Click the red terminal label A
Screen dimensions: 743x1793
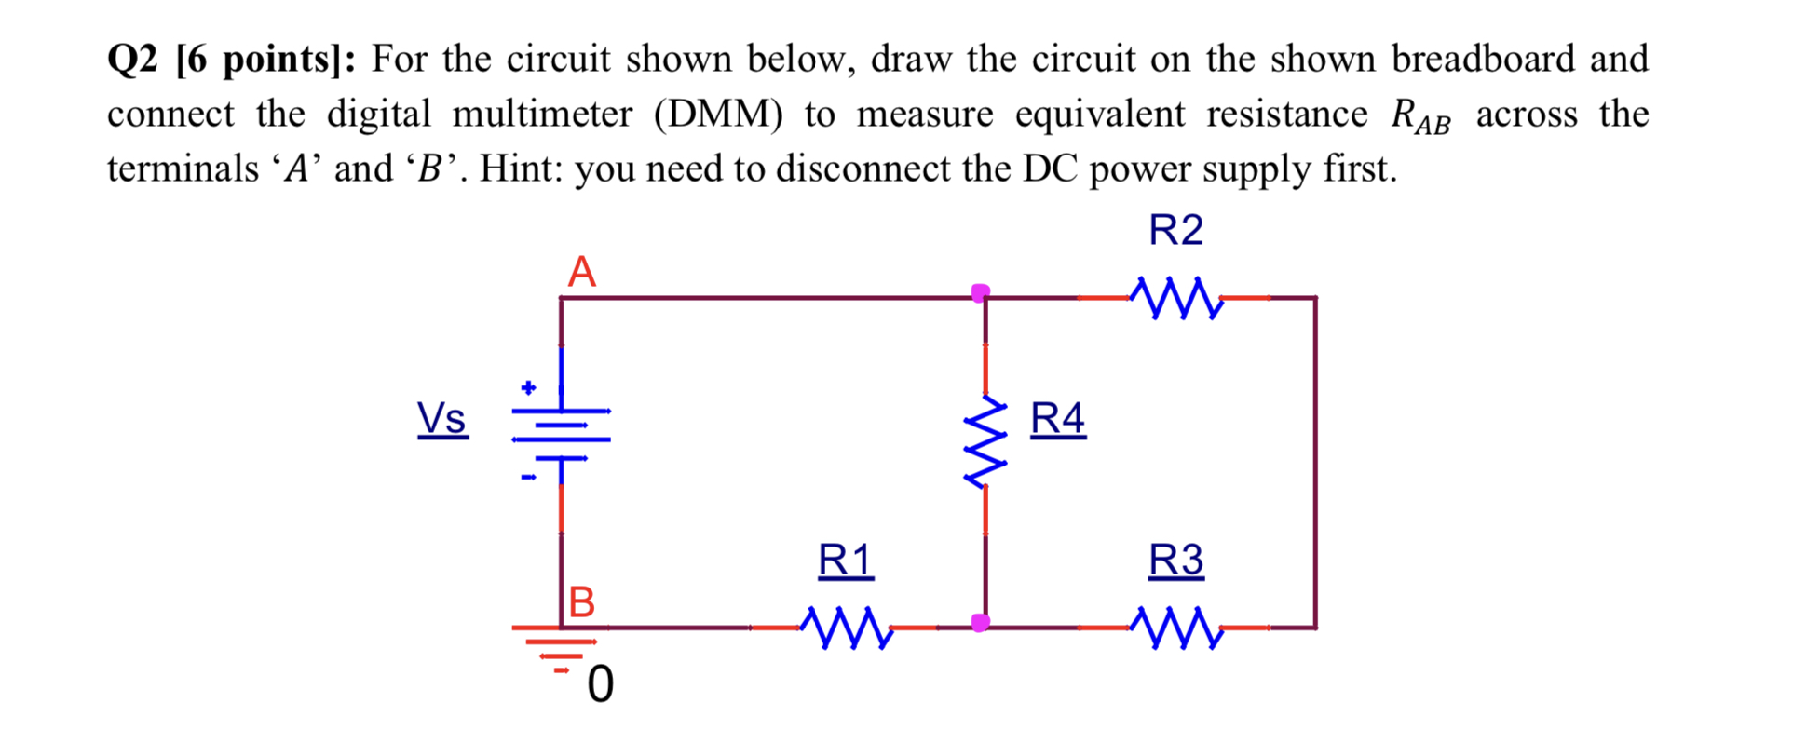[581, 272]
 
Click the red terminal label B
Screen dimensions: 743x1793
[581, 602]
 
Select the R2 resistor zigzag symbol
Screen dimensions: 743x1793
[1175, 298]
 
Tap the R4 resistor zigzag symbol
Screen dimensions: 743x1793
[985, 442]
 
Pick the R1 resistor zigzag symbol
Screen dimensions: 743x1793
[846, 628]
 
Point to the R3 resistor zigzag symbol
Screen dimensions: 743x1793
[1175, 628]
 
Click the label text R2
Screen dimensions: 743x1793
[1175, 230]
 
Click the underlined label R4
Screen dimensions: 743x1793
[1057, 418]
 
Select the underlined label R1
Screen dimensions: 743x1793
[845, 561]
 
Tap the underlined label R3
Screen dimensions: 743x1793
[1175, 561]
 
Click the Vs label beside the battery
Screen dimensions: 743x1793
[441, 418]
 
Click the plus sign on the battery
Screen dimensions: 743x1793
[528, 387]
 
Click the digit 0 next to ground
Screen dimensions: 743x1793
[601, 685]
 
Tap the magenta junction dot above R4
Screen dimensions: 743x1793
[980, 293]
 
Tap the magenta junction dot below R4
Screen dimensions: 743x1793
[980, 622]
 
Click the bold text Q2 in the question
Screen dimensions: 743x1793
[135, 60]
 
